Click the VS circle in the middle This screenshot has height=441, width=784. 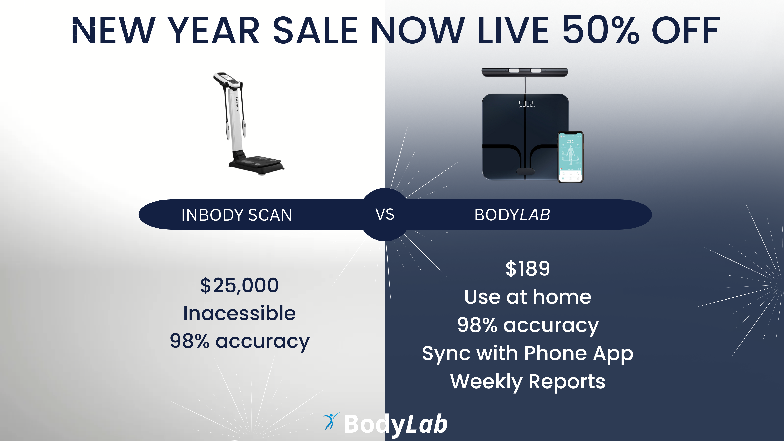385,215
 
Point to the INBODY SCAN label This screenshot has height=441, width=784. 236,215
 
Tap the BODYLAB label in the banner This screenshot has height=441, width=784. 512,215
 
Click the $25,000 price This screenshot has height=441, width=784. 239,285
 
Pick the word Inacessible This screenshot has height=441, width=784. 239,313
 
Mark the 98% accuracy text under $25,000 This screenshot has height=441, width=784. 239,341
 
